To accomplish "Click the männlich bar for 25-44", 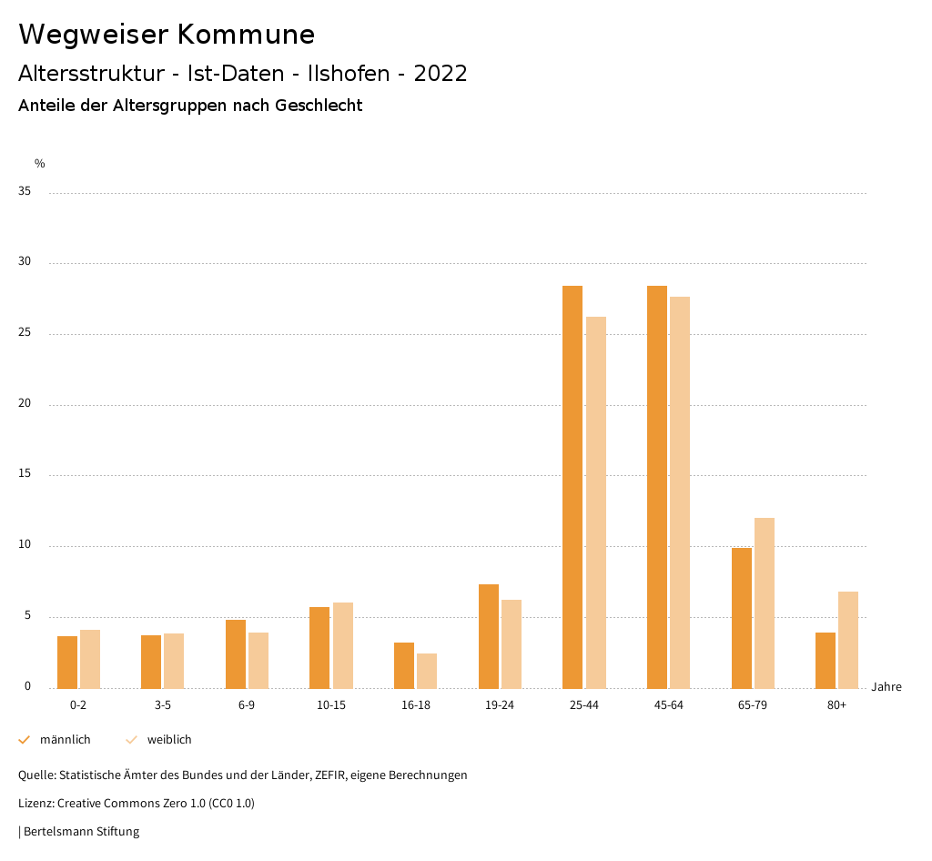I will (572, 487).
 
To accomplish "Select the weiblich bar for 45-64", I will (680, 492).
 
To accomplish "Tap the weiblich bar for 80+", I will (848, 640).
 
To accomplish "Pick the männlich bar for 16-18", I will (404, 665).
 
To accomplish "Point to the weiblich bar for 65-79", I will (765, 603).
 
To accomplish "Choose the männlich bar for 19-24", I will (489, 636).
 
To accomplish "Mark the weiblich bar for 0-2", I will (90, 659).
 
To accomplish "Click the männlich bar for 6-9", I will (236, 653).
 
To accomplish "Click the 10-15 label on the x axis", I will (331, 705).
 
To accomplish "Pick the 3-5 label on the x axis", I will (163, 705).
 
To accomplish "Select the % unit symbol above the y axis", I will (40, 164).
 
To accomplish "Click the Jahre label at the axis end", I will (886, 687).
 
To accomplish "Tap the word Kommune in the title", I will (246, 35).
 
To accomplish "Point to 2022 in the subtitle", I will (441, 74).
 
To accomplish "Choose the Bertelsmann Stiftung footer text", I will (81, 832).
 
